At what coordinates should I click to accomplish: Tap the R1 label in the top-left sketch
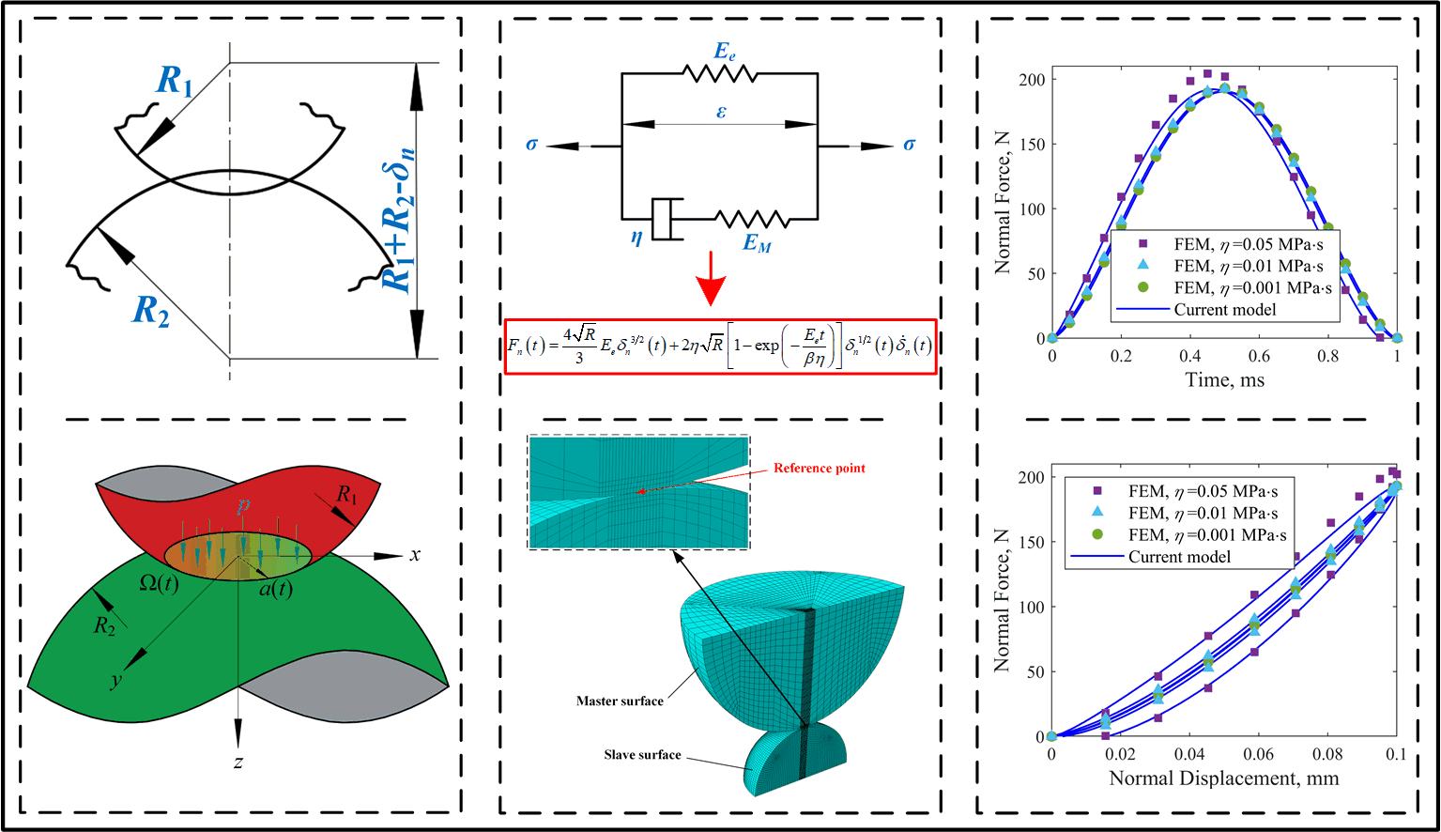(175, 82)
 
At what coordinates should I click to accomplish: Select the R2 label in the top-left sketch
(150, 310)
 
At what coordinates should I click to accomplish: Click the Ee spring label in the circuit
(724, 51)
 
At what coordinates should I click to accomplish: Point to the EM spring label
(757, 243)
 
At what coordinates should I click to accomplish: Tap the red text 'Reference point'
(819, 468)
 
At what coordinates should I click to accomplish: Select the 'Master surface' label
(620, 701)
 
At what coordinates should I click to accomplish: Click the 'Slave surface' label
(642, 754)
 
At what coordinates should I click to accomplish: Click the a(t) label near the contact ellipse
(275, 589)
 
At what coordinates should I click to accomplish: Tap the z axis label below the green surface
(238, 762)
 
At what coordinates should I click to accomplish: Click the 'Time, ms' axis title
(1224, 380)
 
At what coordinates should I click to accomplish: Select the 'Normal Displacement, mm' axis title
(1223, 778)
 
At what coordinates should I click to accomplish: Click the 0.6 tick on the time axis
(1259, 357)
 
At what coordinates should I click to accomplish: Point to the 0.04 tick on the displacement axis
(1189, 754)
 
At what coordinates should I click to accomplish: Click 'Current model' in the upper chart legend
(1224, 309)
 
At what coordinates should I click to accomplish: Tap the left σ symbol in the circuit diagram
(532, 145)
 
